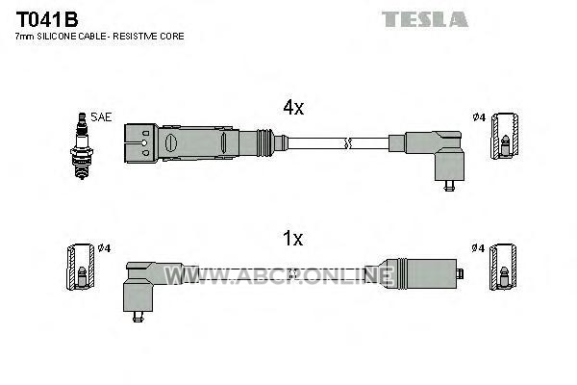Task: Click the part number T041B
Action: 47,19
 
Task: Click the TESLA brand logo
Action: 425,19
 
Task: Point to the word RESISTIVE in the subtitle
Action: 136,37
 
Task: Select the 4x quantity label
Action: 293,107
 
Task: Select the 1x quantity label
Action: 293,239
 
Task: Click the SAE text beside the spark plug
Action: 101,117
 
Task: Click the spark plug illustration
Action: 82,146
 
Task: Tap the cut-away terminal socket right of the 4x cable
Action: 505,137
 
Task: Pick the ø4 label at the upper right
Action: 480,117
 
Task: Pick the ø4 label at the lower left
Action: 105,248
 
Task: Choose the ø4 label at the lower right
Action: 478,248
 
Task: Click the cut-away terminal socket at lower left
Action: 80,268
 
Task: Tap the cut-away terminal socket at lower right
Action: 503,268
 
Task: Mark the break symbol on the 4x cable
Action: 347,143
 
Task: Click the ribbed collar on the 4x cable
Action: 265,143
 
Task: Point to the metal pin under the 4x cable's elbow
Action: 449,186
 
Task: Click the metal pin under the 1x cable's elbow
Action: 138,317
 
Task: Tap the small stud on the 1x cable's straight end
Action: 460,274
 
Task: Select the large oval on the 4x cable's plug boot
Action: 171,143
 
